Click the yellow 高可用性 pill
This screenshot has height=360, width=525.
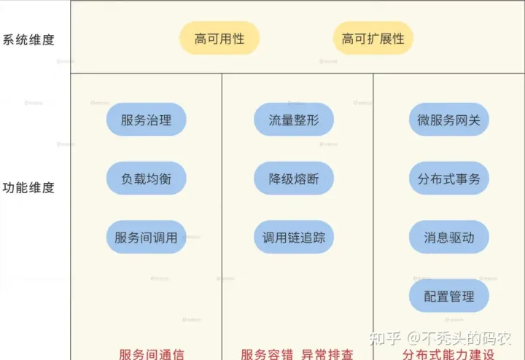click(x=219, y=39)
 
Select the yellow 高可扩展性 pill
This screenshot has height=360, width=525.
click(x=373, y=39)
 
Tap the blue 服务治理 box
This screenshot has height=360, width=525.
click(x=146, y=120)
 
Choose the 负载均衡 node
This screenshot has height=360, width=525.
click(x=146, y=179)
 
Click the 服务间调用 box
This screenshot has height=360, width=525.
click(x=146, y=237)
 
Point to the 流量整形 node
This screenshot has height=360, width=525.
click(x=294, y=120)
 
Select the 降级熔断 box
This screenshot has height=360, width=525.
click(x=294, y=179)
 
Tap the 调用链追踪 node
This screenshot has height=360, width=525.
click(x=294, y=237)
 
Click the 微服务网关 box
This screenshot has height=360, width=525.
click(x=448, y=120)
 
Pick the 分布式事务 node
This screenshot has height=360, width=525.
click(x=448, y=179)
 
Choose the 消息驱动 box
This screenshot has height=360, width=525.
click(x=448, y=237)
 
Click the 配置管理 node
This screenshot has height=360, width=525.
click(x=448, y=296)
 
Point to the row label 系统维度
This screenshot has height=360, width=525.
click(x=28, y=39)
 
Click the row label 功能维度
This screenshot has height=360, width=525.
click(x=28, y=187)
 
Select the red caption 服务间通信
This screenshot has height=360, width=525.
click(x=152, y=354)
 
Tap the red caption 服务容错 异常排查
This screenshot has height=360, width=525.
click(x=297, y=354)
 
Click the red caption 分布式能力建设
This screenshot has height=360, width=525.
click(x=448, y=354)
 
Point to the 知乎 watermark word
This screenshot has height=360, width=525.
click(x=386, y=338)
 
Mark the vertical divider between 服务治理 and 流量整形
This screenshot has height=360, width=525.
click(x=222, y=182)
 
